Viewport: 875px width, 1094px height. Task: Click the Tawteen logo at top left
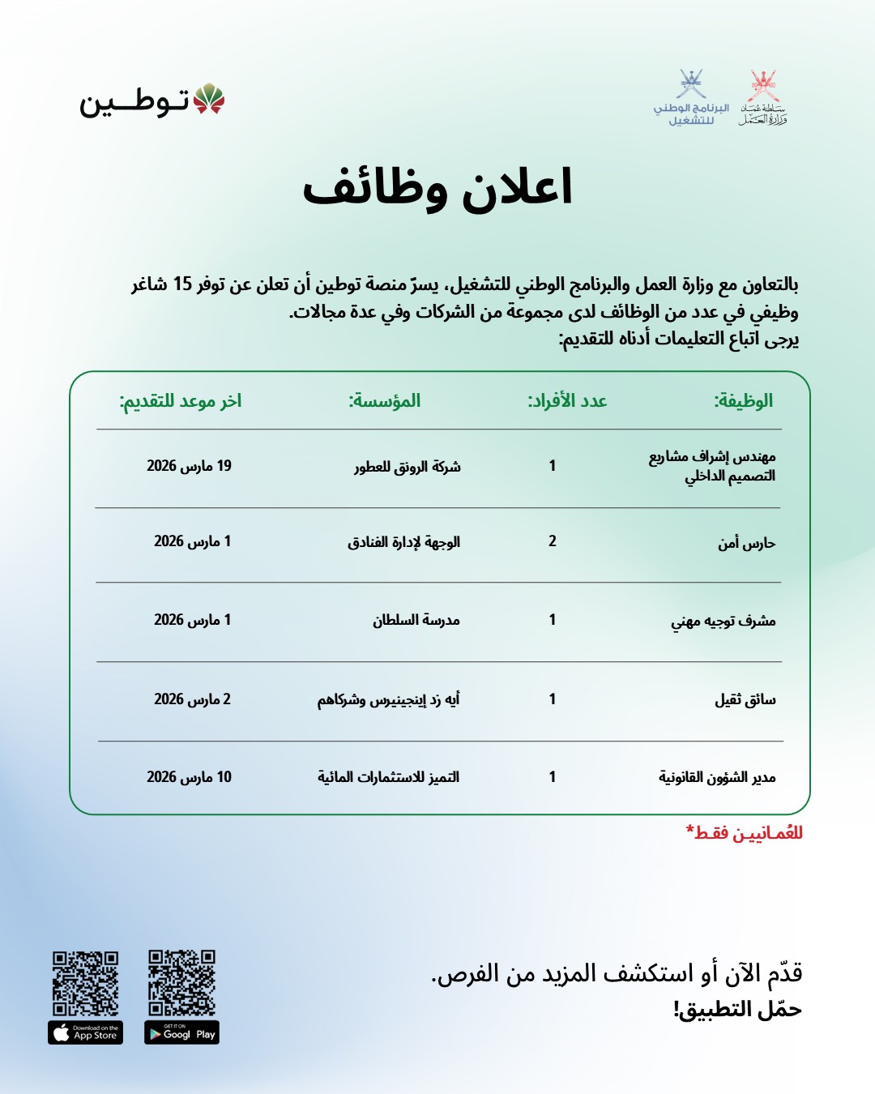point(152,100)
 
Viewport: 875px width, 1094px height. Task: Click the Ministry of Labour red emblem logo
point(762,97)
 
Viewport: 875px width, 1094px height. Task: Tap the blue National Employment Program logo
point(691,97)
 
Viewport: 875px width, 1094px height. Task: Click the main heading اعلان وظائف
point(437,187)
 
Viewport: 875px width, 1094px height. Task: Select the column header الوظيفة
point(743,400)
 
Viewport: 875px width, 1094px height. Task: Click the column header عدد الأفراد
point(567,400)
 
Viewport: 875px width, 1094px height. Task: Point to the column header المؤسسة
point(385,400)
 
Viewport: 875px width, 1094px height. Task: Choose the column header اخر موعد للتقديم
point(181,400)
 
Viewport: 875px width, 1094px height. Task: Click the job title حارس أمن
point(746,542)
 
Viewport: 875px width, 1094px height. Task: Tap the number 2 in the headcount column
point(553,541)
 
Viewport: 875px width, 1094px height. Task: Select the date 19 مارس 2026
point(189,466)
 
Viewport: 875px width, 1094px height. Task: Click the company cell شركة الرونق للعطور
point(407,467)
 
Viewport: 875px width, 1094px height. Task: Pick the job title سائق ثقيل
point(745,699)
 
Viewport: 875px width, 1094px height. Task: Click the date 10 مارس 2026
point(189,777)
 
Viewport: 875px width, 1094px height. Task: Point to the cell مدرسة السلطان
point(416,620)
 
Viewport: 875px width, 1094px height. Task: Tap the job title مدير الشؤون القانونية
point(717,777)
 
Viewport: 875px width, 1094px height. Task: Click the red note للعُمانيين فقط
point(745,833)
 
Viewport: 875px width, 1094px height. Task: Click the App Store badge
point(86,1033)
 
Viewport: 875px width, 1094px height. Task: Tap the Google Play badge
point(181,1033)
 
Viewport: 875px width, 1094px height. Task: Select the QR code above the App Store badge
point(86,983)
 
